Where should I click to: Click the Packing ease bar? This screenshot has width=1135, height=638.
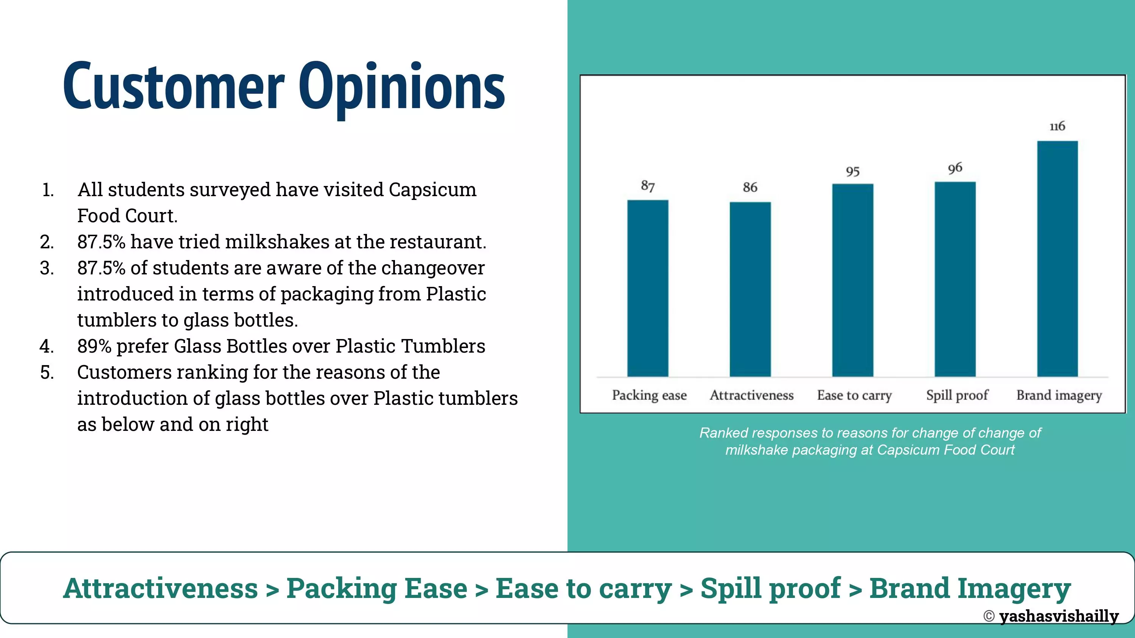648,288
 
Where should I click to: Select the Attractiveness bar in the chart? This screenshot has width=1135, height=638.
750,289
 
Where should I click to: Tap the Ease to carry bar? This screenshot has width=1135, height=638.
852,280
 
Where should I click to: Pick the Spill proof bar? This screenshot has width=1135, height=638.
955,279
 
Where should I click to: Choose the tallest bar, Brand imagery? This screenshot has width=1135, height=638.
1057,259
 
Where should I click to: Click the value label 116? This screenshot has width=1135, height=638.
1057,126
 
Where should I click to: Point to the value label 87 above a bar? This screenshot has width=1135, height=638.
648,186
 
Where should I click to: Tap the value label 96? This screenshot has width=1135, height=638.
955,168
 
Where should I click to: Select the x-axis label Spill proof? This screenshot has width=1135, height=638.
957,395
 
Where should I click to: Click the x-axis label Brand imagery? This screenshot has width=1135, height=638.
1059,395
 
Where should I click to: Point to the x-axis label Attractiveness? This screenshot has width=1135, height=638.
752,395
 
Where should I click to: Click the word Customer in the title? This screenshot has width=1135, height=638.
174,86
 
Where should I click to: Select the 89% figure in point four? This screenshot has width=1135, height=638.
94,346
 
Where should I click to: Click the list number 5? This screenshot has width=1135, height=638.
47,373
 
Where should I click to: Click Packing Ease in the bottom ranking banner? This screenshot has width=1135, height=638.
377,589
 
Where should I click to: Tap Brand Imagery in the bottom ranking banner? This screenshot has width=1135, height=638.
970,589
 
